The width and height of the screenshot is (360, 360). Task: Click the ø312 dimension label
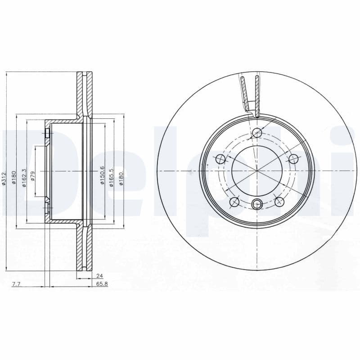click(4, 179)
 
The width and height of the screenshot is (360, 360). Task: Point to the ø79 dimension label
click(32, 176)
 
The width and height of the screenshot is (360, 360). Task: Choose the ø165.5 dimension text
click(111, 176)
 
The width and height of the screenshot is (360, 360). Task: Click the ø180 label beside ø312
click(14, 179)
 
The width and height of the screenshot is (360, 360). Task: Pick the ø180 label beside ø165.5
click(121, 177)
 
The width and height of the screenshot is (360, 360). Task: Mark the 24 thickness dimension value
click(100, 275)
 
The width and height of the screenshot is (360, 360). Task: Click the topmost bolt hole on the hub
click(257, 133)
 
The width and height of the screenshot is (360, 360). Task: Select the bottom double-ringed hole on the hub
click(257, 204)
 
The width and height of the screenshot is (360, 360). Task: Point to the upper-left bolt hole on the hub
click(220, 159)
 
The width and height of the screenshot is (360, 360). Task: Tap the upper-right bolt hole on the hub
click(293, 159)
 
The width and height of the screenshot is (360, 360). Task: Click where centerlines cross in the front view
click(257, 171)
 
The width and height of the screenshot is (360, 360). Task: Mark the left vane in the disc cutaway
click(243, 92)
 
